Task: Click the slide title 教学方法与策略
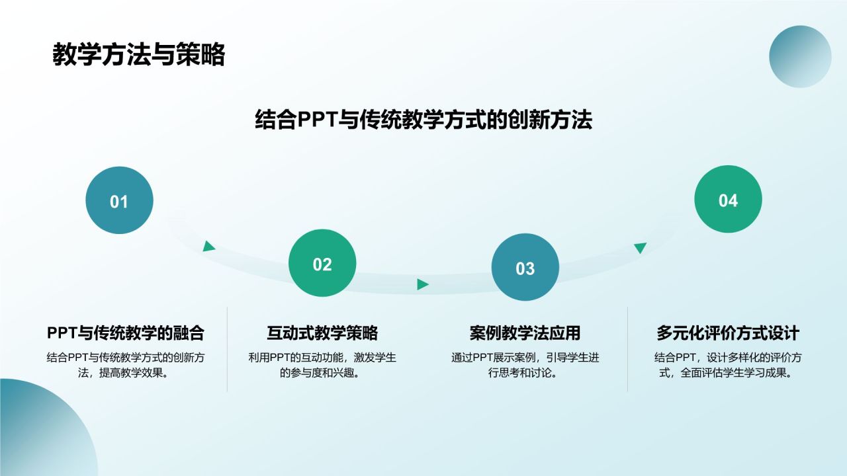pyautogui.click(x=138, y=56)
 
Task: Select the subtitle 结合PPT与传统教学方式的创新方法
pyautogui.click(x=423, y=120)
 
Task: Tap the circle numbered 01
pyautogui.click(x=119, y=200)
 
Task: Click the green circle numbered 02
pyautogui.click(x=322, y=264)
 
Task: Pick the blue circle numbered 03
pyautogui.click(x=525, y=268)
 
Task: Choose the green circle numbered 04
pyautogui.click(x=728, y=200)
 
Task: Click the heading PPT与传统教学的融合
pyautogui.click(x=125, y=333)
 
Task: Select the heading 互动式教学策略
pyautogui.click(x=322, y=333)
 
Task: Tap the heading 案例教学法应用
pyautogui.click(x=525, y=333)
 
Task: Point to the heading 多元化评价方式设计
pyautogui.click(x=728, y=333)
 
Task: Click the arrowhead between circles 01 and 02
pyautogui.click(x=209, y=247)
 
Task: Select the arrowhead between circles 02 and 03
pyautogui.click(x=422, y=284)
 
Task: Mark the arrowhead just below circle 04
pyautogui.click(x=640, y=247)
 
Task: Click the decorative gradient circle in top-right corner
pyautogui.click(x=800, y=57)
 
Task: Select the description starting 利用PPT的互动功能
pyautogui.click(x=322, y=366)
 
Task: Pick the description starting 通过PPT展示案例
pyautogui.click(x=525, y=366)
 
